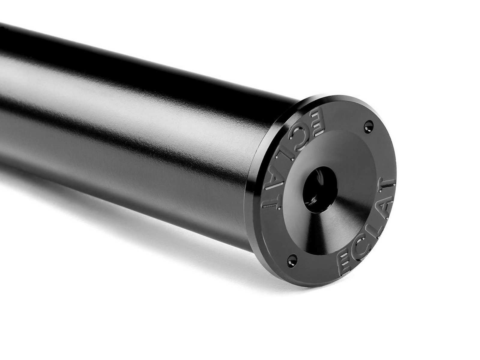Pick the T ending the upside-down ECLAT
pos(271,202)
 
